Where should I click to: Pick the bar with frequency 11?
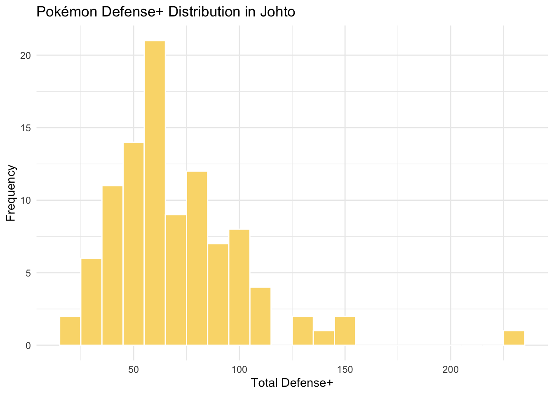click(113, 265)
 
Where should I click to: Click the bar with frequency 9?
click(176, 280)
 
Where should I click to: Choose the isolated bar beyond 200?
click(514, 338)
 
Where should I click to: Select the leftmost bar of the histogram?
click(70, 331)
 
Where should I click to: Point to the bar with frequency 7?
click(218, 294)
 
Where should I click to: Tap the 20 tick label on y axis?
click(26, 55)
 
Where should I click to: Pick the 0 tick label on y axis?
click(28, 345)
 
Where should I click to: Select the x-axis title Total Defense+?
click(292, 383)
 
